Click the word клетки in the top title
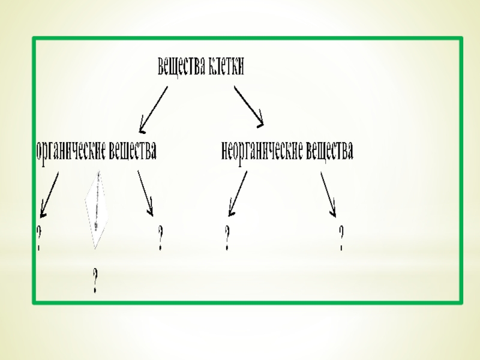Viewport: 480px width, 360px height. click(x=226, y=67)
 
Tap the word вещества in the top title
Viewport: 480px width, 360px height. click(x=182, y=67)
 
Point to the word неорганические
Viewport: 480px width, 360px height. click(x=262, y=151)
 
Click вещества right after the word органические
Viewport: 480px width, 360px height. click(x=133, y=151)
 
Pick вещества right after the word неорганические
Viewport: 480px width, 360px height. click(x=329, y=151)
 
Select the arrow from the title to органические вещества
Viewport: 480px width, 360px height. click(x=154, y=109)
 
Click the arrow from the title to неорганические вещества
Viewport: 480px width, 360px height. click(x=248, y=106)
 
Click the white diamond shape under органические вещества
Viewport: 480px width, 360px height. click(x=96, y=209)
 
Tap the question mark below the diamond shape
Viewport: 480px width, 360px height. click(x=95, y=280)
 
